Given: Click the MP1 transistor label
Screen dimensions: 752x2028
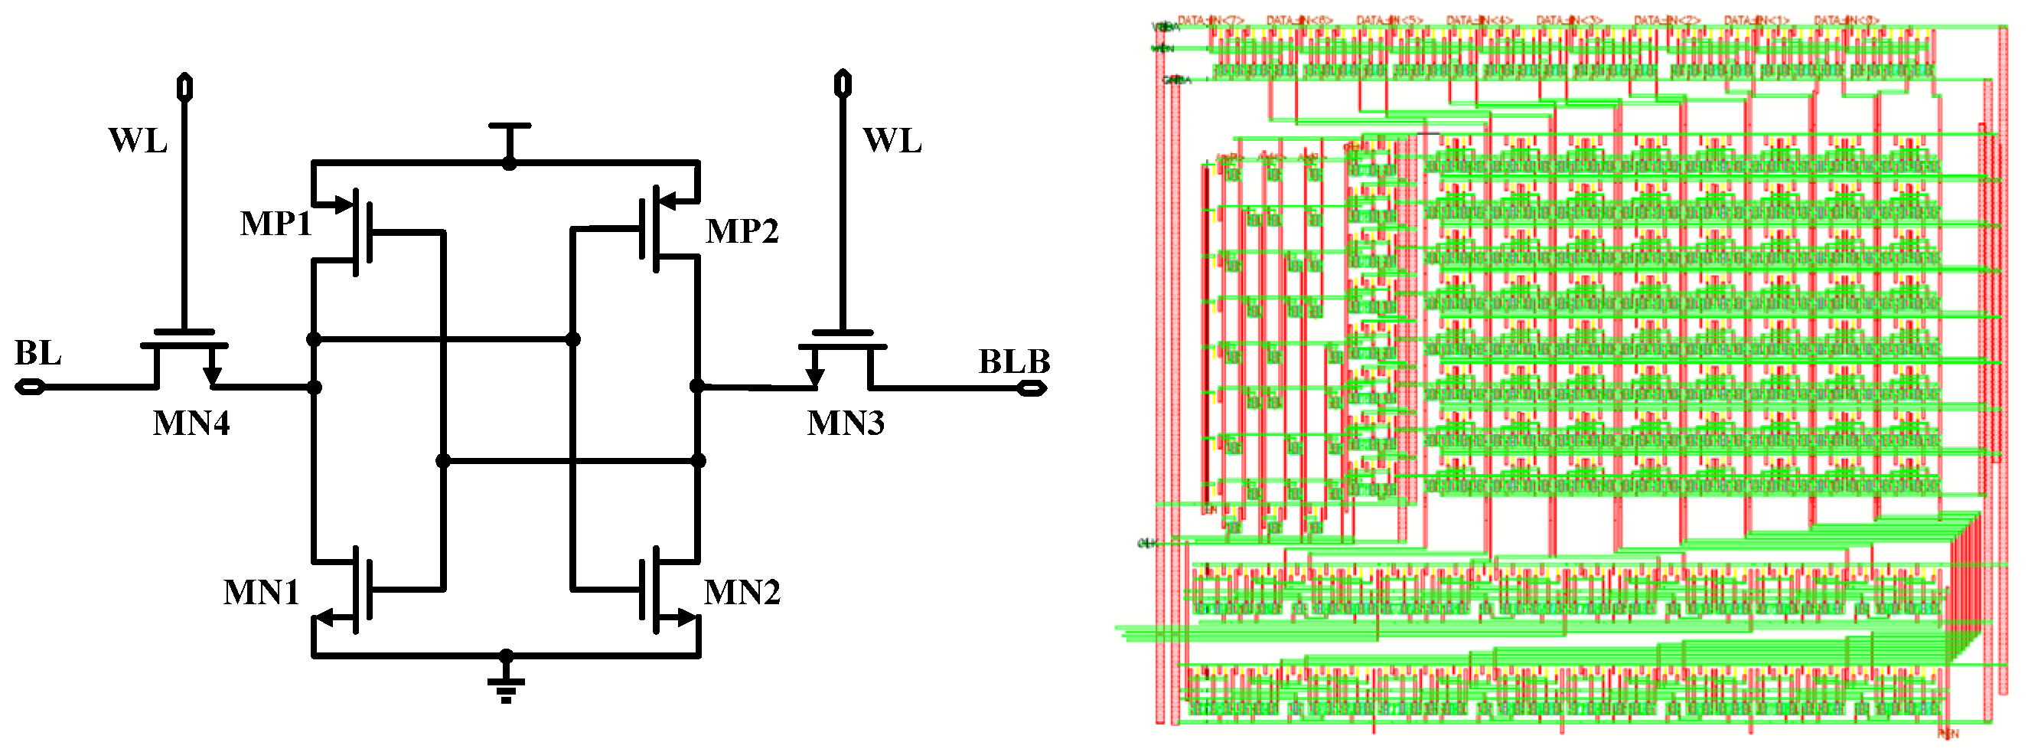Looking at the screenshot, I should point(276,224).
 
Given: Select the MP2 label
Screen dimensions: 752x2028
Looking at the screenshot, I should point(742,231).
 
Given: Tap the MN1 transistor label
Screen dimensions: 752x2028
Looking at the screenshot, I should point(261,593).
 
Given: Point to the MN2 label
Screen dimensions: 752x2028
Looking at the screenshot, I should point(742,592).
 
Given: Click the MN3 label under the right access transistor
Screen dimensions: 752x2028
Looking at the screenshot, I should point(846,423).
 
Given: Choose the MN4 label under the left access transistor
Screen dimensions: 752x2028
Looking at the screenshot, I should point(191,423).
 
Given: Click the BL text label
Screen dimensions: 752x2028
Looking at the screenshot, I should point(37,354).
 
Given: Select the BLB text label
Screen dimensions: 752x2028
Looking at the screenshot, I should point(1014,362).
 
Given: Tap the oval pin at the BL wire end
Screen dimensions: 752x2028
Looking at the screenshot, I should point(30,387).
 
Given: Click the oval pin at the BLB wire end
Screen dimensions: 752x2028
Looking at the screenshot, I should point(1032,388).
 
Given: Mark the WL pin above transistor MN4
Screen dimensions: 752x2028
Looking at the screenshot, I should point(184,86).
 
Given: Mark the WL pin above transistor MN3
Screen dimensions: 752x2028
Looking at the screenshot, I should point(843,83).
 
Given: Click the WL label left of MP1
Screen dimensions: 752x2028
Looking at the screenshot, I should point(138,141).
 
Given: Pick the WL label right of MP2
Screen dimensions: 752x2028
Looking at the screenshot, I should point(892,141).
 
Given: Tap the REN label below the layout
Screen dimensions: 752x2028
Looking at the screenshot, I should point(1947,734).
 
